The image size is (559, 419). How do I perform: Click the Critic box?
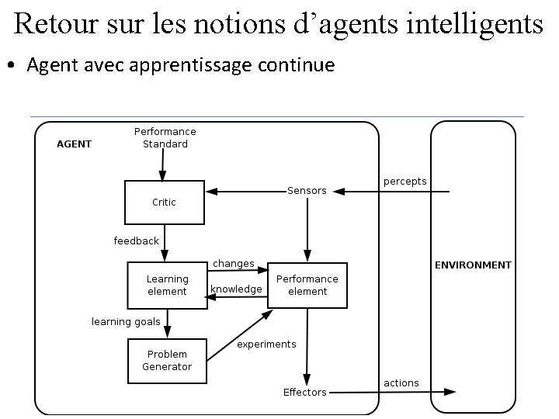click(164, 202)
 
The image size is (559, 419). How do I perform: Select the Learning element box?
click(167, 285)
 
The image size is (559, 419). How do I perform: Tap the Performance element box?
click(307, 285)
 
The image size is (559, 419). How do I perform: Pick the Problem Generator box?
click(167, 361)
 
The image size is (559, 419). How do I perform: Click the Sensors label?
click(307, 191)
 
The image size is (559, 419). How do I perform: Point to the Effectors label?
click(304, 393)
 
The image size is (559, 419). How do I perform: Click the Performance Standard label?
click(165, 137)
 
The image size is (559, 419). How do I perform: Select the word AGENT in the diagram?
click(75, 144)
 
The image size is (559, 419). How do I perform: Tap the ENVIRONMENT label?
click(473, 265)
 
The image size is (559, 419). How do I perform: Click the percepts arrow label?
click(404, 182)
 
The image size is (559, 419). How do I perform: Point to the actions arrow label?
click(401, 383)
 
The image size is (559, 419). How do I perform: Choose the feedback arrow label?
click(136, 241)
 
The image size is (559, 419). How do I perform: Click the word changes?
click(234, 264)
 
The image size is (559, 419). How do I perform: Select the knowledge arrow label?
click(236, 289)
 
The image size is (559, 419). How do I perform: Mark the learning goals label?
click(126, 321)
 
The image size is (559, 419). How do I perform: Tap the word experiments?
click(266, 345)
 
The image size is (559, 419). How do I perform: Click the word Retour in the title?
click(54, 24)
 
